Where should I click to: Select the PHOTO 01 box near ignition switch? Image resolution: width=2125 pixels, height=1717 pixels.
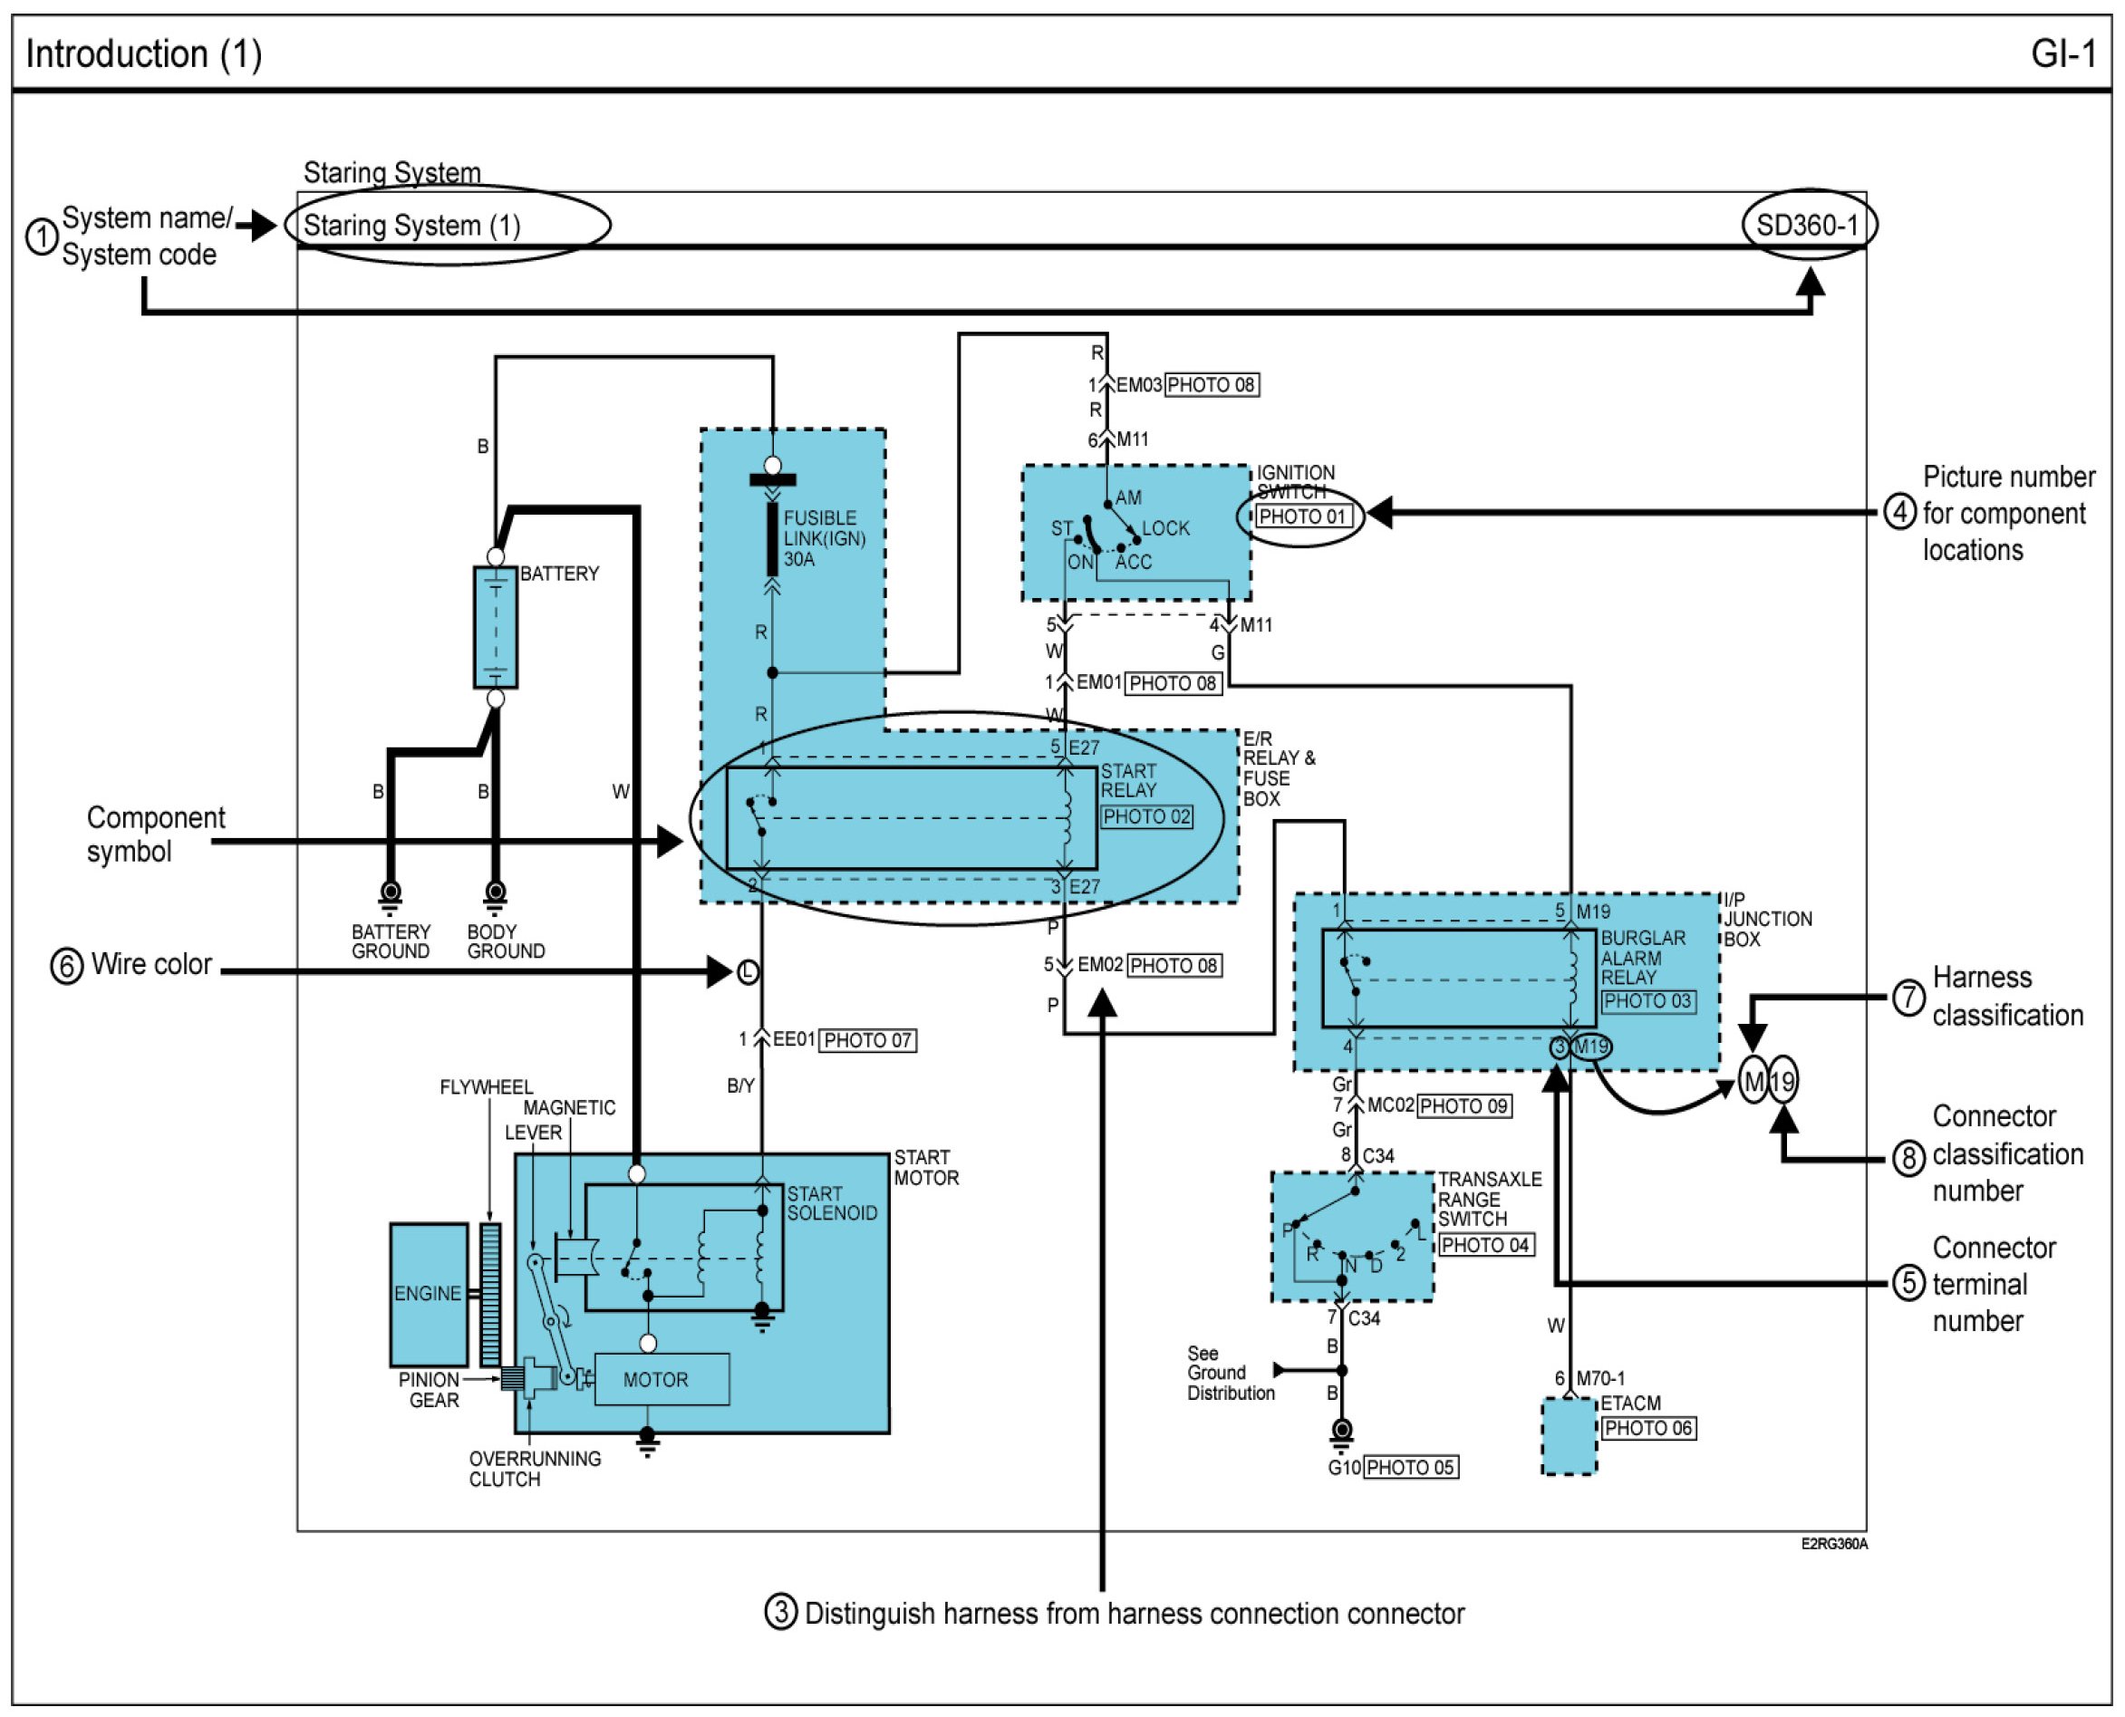point(1302,516)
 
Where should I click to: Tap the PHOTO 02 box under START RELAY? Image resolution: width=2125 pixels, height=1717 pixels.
point(1146,817)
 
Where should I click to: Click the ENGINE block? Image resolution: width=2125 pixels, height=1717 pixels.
point(428,1294)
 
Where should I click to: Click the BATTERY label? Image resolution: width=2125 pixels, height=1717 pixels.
point(559,574)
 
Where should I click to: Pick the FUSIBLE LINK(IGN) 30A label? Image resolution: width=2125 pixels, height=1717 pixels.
point(824,538)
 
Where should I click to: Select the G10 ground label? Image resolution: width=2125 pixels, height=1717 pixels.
point(1344,1468)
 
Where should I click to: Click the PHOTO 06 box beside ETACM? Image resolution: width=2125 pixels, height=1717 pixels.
point(1648,1428)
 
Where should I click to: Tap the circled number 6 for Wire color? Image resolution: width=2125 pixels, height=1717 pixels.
point(66,966)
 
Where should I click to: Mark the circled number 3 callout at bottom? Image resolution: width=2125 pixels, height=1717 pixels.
point(780,1612)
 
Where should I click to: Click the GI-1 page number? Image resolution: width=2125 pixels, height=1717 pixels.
point(2062,53)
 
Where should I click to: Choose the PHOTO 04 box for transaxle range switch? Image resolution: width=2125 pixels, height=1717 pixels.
point(1485,1245)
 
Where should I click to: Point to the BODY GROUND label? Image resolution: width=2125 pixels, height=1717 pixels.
point(506,941)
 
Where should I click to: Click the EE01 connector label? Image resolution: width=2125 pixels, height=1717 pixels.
point(794,1039)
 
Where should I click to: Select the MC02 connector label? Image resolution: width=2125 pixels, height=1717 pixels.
point(1390,1104)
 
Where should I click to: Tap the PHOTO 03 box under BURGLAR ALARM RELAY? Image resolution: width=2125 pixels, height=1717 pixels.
point(1647,1001)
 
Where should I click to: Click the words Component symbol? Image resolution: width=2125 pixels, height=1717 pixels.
point(155,834)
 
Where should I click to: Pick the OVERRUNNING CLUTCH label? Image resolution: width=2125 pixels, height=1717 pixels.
point(535,1469)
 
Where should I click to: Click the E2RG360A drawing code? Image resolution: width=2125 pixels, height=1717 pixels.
point(1833,1544)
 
